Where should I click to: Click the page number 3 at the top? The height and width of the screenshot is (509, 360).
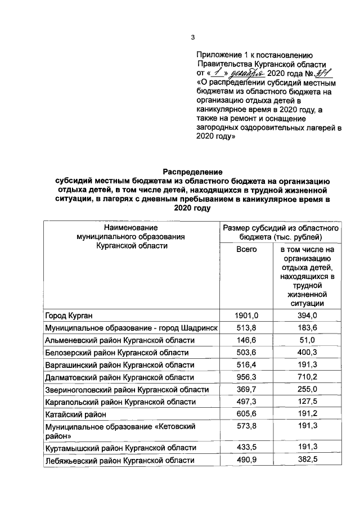point(192,38)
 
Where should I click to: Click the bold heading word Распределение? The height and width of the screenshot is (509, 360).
point(193,172)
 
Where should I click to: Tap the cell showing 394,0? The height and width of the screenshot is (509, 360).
point(307,316)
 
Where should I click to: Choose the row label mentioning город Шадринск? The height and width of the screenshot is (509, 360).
point(131,328)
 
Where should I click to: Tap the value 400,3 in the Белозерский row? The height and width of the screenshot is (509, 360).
point(307,353)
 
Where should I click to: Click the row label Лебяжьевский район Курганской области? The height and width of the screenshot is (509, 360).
point(120,461)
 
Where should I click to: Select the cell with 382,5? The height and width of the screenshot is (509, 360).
point(307,461)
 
